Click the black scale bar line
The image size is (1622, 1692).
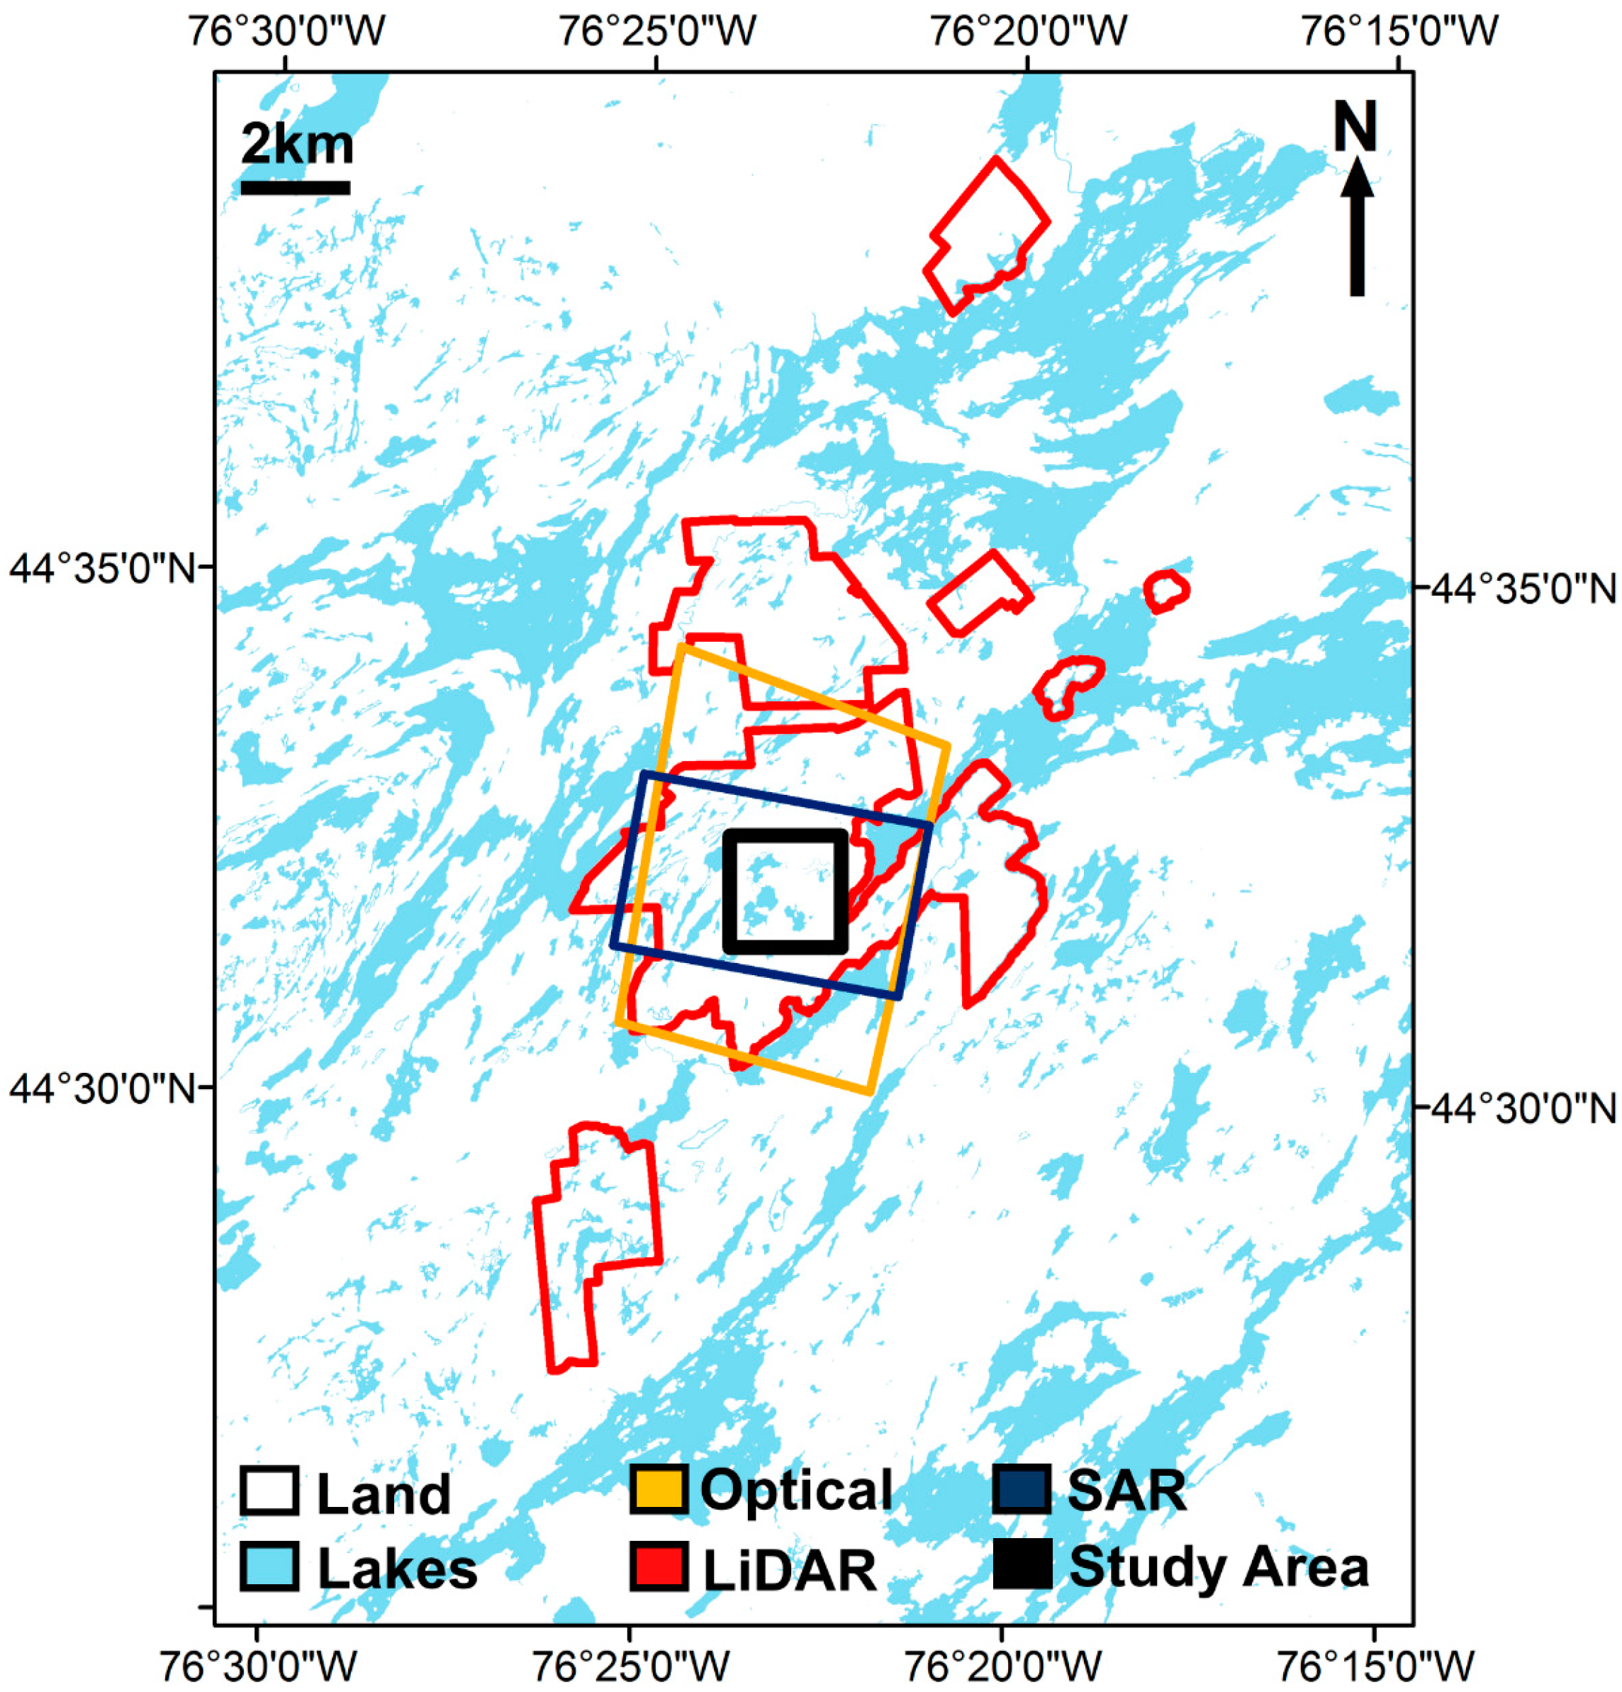(295, 187)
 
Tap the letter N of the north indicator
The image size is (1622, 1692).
(1355, 126)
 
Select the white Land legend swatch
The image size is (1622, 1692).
(269, 1490)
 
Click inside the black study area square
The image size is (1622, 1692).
(785, 892)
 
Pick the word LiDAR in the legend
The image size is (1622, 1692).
(790, 1568)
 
